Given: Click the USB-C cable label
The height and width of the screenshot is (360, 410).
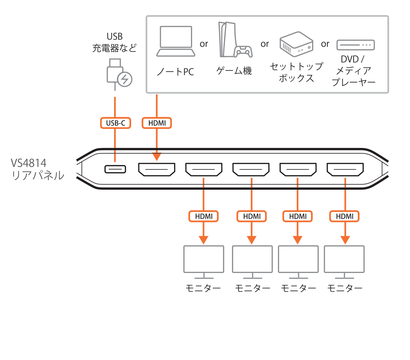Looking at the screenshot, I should point(115,123).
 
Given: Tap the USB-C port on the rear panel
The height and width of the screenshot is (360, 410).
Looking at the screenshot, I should point(115,169).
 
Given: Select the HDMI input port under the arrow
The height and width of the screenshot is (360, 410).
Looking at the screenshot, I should point(157,169).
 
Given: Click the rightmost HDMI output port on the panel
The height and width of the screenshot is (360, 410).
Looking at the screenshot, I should point(345,169).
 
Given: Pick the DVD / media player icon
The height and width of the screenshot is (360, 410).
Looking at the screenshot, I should point(355,45).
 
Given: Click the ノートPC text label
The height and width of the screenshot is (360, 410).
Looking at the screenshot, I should point(176,72).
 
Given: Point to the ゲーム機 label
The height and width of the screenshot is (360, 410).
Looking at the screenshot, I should point(234,71).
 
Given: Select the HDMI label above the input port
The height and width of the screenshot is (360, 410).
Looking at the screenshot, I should point(157,123).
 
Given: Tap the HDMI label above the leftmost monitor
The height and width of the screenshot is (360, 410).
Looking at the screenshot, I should point(204,216).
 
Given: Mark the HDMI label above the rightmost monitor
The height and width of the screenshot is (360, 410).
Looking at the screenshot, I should point(345,216).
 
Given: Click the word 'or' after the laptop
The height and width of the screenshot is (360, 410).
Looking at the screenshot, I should point(204,44).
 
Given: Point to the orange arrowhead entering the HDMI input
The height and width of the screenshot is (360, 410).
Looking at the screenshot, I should point(157,156).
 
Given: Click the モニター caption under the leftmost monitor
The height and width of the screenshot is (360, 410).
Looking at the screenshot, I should point(203,288).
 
